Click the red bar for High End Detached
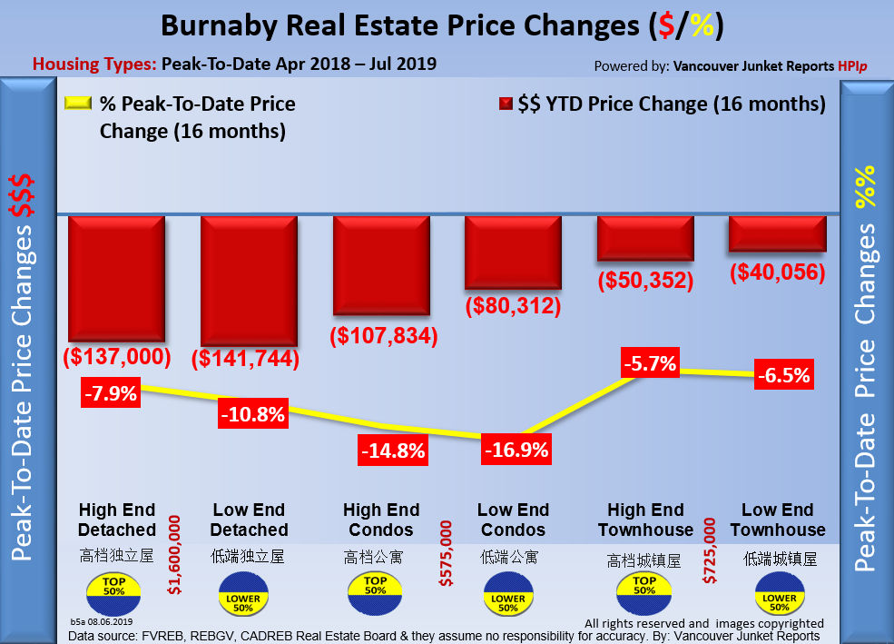point(116,278)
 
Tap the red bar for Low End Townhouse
point(777,233)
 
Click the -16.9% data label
point(515,450)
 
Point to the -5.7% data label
point(650,364)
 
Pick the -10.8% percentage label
point(253,415)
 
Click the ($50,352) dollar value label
point(644,280)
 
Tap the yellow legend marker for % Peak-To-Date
point(77,104)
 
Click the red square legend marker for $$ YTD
point(506,104)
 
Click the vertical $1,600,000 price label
point(175,554)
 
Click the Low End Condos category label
point(513,520)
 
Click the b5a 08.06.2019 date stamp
point(102,621)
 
